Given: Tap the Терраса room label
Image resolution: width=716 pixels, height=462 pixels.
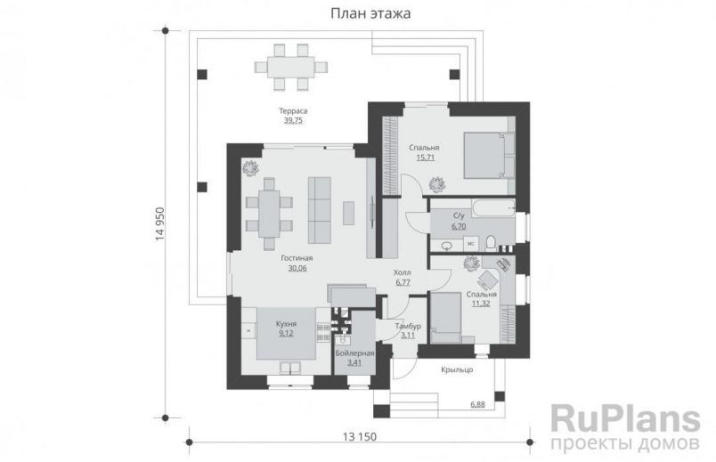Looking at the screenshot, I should point(293,111).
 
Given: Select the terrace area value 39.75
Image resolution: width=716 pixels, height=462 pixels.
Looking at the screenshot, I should point(293,121).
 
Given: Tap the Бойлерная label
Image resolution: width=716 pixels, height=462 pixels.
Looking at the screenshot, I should point(354,353).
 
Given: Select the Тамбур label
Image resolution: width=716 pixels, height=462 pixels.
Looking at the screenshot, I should point(407,326).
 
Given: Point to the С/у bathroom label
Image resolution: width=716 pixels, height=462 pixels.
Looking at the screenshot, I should point(460,216).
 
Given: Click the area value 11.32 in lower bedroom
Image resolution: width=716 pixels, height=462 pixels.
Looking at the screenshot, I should point(482,303).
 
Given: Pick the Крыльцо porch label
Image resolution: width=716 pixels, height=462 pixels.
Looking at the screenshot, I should point(456,369).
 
